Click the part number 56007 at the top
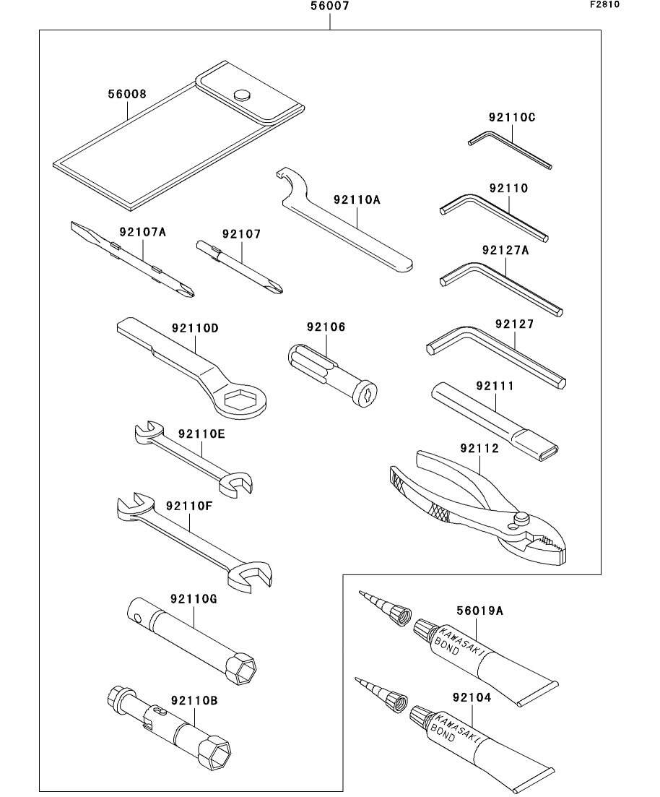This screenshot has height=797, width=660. click(x=329, y=8)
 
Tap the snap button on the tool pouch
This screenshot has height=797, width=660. click(x=243, y=94)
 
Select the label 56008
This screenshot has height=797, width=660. click(x=127, y=95)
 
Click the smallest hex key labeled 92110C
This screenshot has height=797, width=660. click(x=509, y=147)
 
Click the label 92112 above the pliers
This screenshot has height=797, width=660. click(x=479, y=449)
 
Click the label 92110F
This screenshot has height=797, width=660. click(x=188, y=506)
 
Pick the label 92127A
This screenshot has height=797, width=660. click(x=505, y=251)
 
